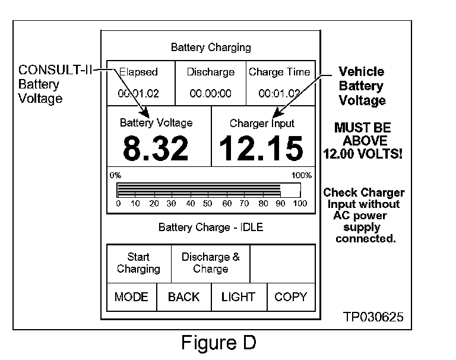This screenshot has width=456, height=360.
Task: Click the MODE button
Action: point(131,297)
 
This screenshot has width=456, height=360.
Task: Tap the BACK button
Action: point(183,297)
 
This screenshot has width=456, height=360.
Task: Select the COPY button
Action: point(290,297)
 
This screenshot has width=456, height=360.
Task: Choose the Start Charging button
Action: point(138,263)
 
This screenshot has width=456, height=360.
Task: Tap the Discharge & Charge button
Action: point(210,263)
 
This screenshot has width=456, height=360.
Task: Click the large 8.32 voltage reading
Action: point(156,149)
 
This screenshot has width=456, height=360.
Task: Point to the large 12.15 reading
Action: point(261,149)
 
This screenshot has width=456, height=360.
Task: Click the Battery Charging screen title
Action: point(211,47)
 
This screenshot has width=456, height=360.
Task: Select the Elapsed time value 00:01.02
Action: point(138,93)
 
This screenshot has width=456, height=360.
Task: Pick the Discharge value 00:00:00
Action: point(210,93)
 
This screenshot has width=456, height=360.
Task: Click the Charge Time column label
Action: point(279,72)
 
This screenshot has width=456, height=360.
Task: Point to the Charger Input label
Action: point(262,124)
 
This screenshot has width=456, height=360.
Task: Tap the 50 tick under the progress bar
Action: point(208,204)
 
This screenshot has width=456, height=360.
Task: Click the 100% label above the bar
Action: point(301,175)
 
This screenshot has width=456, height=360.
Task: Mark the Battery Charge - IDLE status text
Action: point(210,228)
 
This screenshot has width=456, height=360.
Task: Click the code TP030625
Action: point(373,317)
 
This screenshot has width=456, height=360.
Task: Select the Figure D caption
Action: point(218,344)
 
